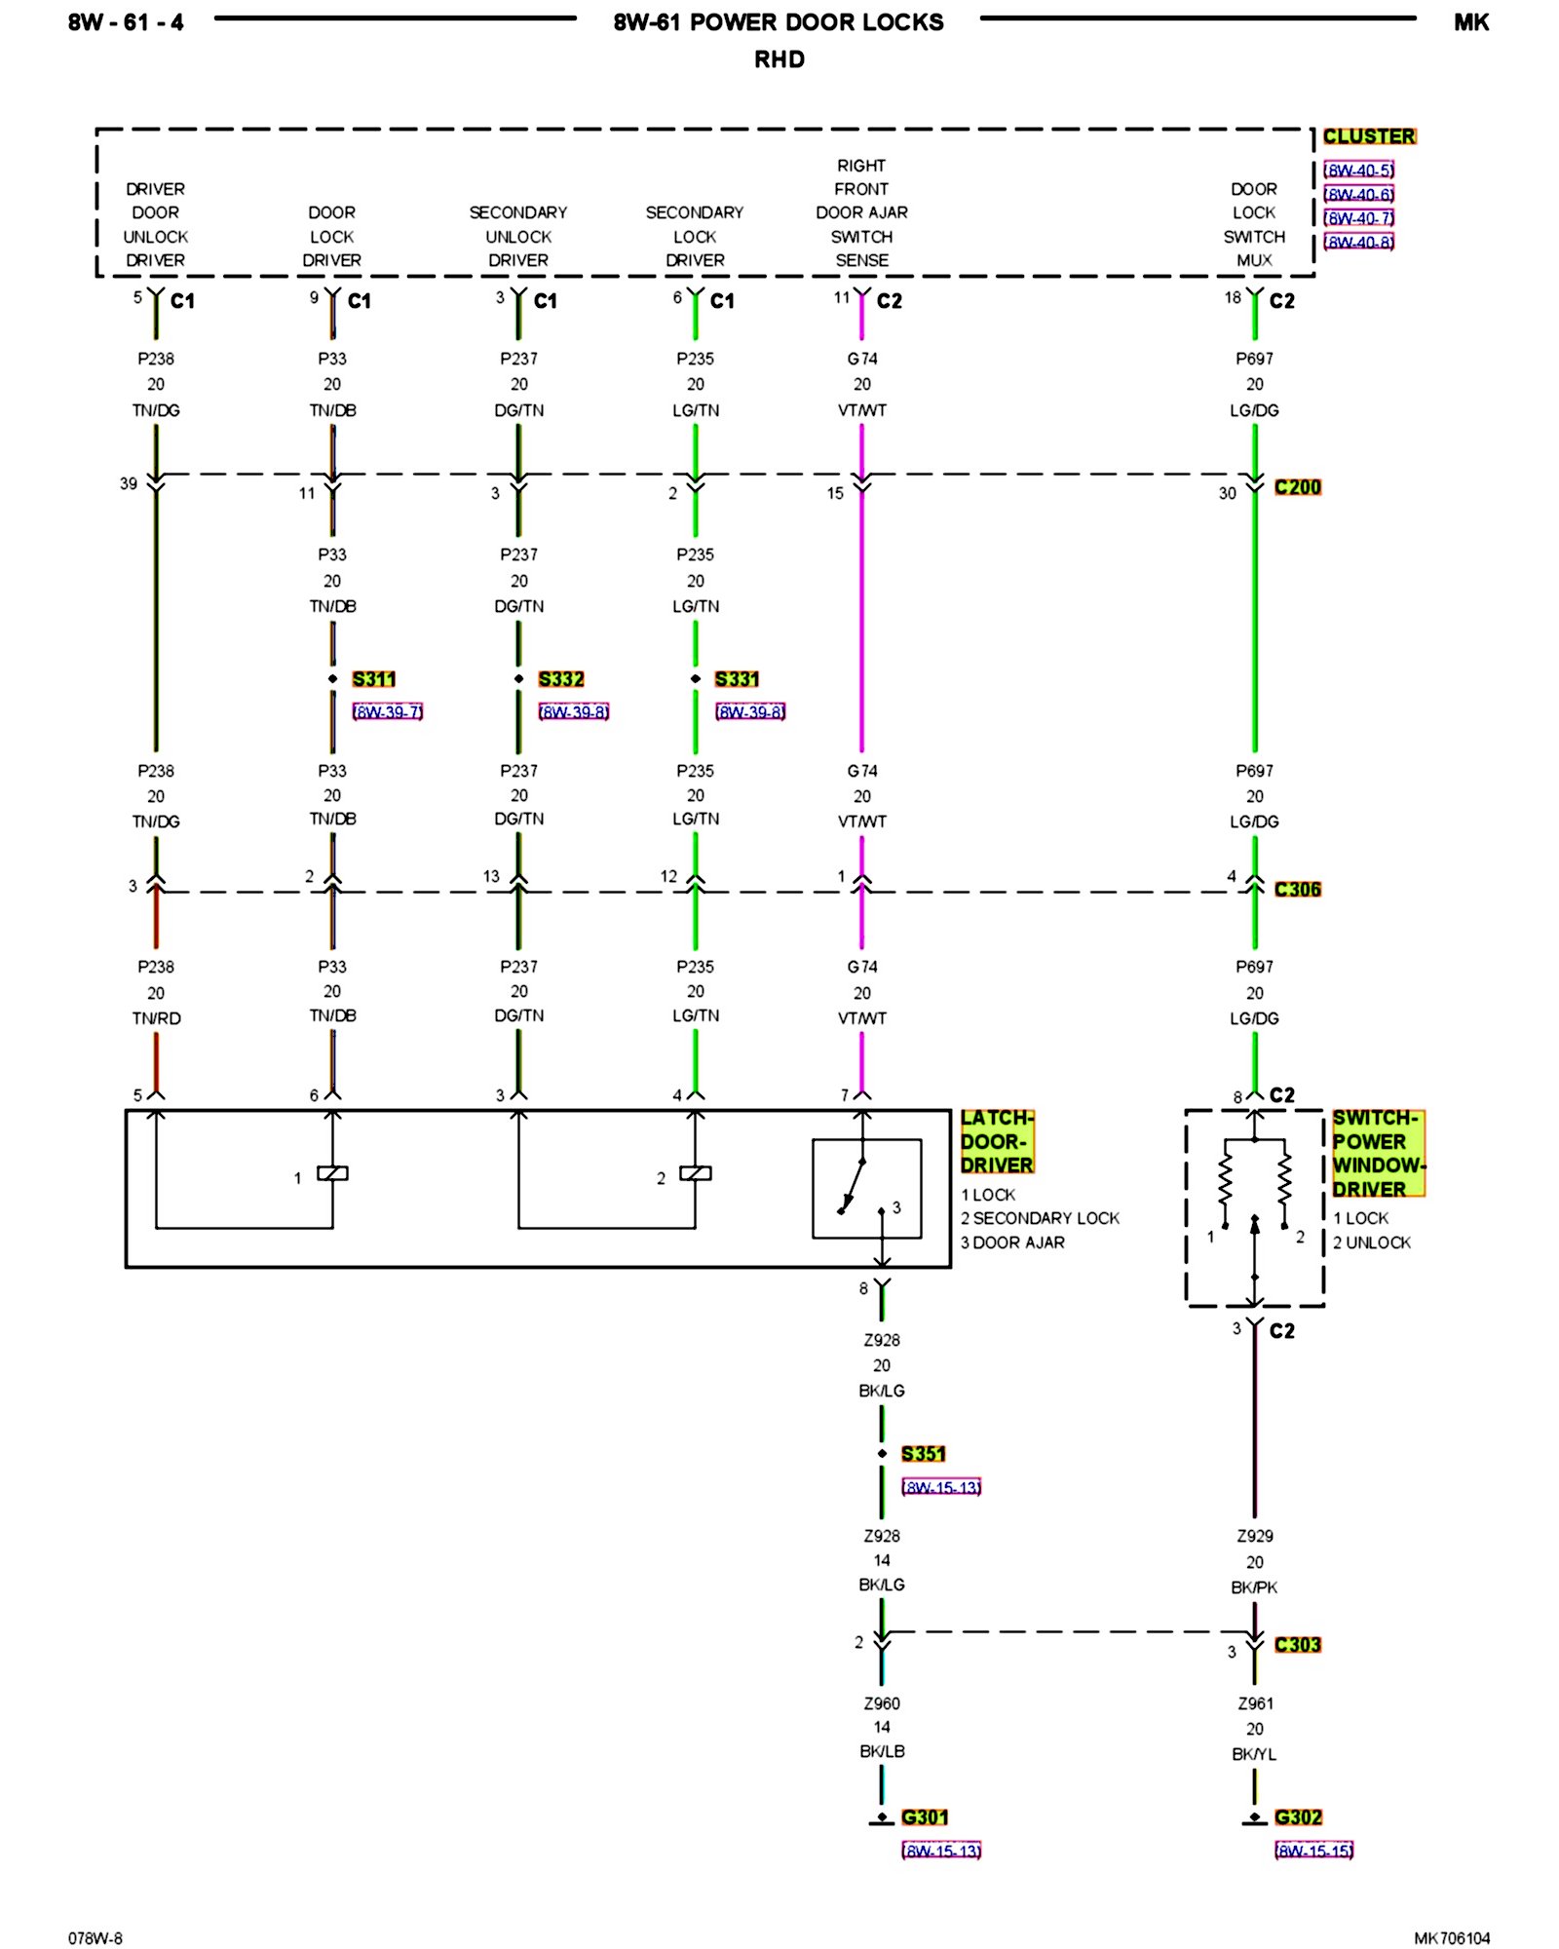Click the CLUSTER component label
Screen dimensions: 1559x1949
(1369, 136)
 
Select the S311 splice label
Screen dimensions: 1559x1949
(374, 679)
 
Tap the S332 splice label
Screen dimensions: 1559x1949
(561, 679)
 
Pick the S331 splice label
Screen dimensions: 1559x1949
(737, 679)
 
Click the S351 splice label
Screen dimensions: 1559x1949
(924, 1454)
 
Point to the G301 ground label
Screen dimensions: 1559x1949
(925, 1817)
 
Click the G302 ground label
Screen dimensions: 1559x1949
(1299, 1817)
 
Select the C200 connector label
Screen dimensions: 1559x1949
(1298, 487)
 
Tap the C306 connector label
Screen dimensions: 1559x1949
(1298, 890)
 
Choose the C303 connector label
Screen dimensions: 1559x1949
(1298, 1645)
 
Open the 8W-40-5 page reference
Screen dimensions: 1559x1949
(1359, 171)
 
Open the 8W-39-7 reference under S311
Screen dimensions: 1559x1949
(388, 712)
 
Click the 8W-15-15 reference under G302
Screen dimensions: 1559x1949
(1314, 1851)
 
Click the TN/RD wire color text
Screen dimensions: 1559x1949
(156, 1018)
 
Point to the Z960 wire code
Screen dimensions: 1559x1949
(882, 1703)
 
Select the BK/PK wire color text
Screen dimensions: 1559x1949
(1254, 1587)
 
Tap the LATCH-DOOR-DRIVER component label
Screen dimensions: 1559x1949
(997, 1141)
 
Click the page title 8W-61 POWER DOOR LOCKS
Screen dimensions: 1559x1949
(779, 22)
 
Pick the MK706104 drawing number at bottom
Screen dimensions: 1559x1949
(1452, 1938)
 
